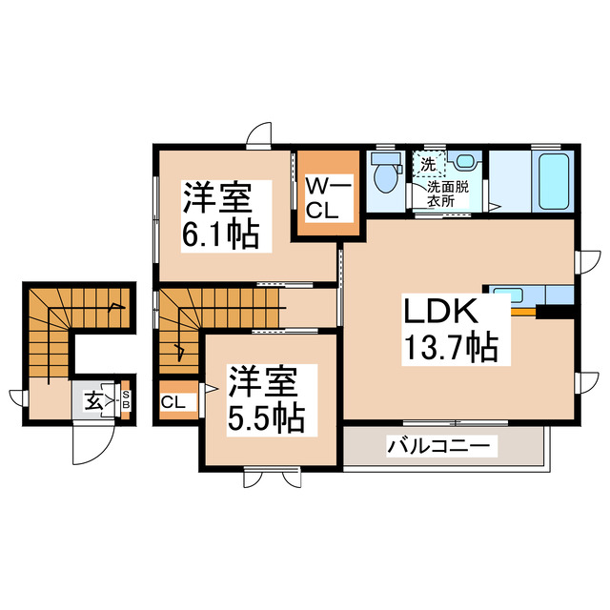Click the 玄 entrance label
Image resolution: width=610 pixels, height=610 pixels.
click(94, 401)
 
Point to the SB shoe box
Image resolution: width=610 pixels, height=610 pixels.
click(125, 401)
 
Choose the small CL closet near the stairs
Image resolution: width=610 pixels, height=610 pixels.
click(173, 402)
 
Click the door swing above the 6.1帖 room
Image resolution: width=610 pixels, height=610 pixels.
click(258, 138)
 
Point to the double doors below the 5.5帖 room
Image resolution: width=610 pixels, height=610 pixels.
click(273, 476)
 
